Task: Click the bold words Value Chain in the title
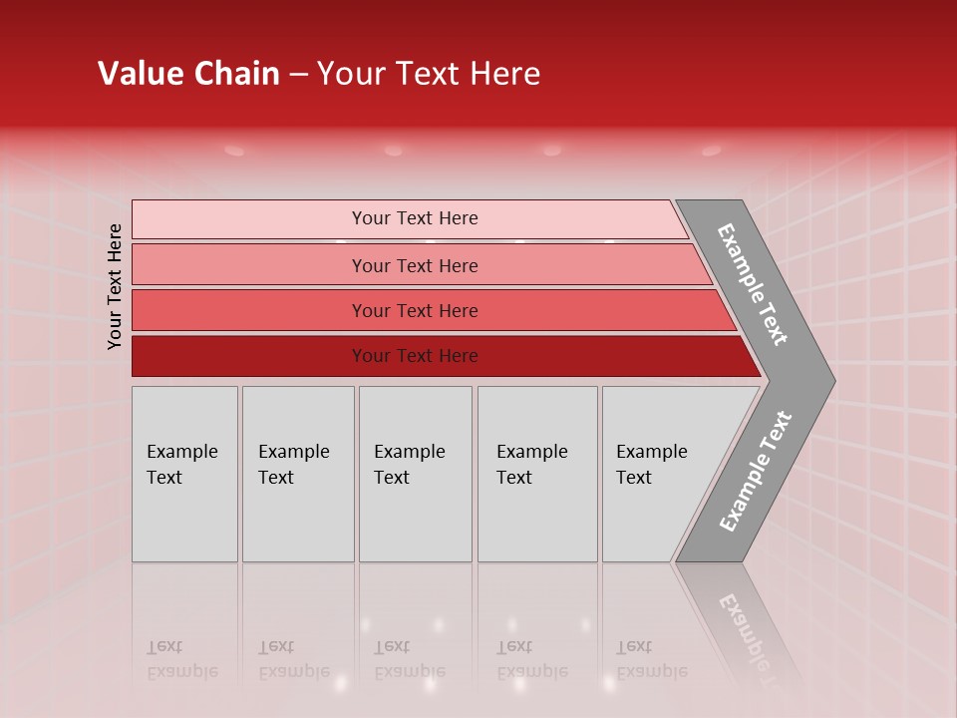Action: (188, 74)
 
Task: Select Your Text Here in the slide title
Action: (429, 74)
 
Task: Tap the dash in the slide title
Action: (298, 75)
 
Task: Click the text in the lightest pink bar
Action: (415, 218)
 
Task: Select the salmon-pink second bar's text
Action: (415, 266)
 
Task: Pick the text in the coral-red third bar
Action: (415, 311)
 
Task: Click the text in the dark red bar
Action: (415, 356)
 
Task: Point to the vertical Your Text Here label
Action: (115, 286)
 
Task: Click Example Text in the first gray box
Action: (181, 465)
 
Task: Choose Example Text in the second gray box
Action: (293, 465)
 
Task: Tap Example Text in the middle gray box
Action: (409, 465)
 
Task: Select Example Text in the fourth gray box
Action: (531, 465)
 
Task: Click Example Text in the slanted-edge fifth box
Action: (651, 465)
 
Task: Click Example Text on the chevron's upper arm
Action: (753, 284)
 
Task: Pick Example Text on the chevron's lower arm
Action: (756, 472)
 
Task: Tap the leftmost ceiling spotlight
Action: (234, 151)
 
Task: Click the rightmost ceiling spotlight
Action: (711, 151)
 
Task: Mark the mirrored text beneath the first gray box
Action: (181, 659)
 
